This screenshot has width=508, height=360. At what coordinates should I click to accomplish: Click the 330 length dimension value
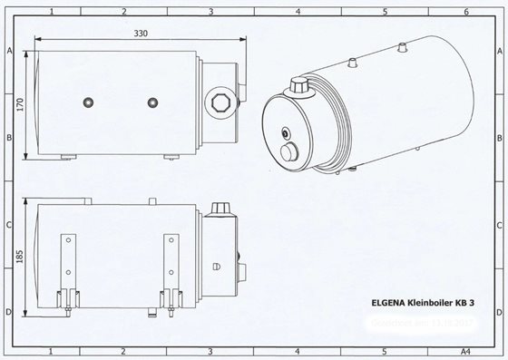pos(140,32)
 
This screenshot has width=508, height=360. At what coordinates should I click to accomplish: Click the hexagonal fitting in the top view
pos(218,99)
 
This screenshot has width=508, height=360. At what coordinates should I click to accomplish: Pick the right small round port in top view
pos(151,101)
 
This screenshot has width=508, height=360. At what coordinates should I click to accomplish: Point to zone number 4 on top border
pos(298,11)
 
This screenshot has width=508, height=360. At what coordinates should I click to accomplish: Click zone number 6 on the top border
pos(466,11)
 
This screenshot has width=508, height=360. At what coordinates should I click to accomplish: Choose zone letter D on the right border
pos(498,311)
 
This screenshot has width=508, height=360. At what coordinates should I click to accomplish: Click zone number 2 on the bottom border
pos(122,349)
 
